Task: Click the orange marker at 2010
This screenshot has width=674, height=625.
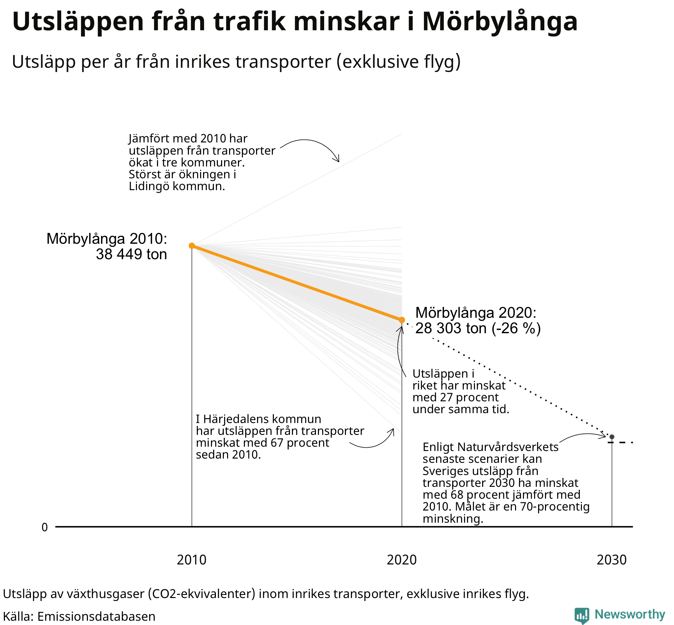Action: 192,245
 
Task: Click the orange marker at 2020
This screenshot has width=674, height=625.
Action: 402,320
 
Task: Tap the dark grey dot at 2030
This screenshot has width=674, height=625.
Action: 612,437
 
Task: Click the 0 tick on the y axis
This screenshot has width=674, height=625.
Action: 45,528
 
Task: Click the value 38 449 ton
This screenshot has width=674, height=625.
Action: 131,254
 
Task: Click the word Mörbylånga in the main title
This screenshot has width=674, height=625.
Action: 500,22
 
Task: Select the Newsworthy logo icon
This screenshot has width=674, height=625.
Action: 582,615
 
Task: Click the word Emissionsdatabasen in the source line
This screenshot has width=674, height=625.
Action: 96,616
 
